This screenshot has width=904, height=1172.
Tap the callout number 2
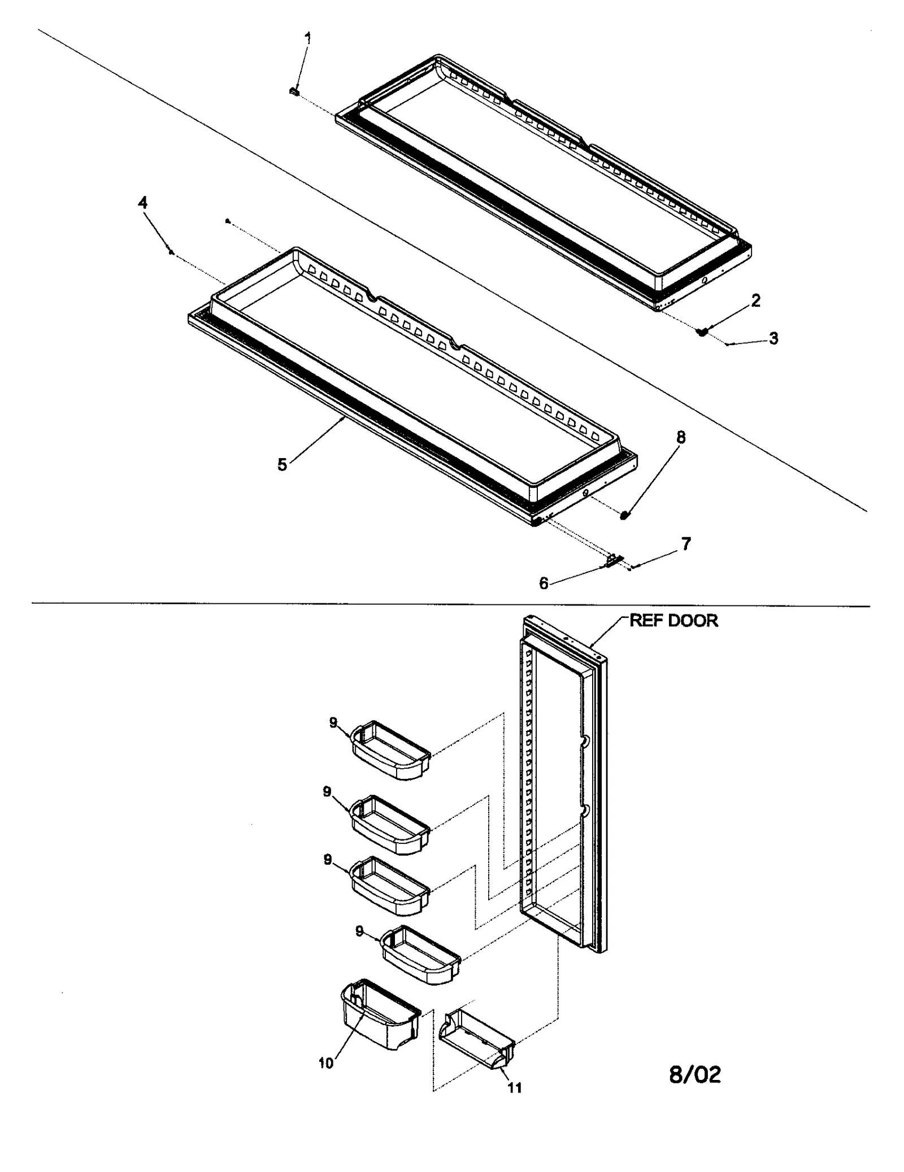tap(755, 300)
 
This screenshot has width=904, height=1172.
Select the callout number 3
tap(773, 338)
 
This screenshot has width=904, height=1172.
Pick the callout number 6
tap(544, 583)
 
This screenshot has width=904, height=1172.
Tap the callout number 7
tap(685, 544)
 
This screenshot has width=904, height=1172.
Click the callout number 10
tap(326, 1063)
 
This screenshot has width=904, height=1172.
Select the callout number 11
tap(515, 1087)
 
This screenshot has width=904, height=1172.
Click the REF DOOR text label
tap(673, 621)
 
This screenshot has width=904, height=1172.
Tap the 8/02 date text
tap(694, 1074)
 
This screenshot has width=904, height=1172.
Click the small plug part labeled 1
tap(294, 91)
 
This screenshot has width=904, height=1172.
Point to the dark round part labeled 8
tap(624, 515)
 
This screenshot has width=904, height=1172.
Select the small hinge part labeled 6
tap(614, 561)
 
